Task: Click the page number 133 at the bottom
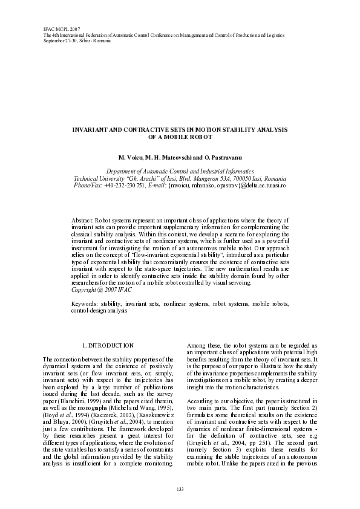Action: (x=180, y=488)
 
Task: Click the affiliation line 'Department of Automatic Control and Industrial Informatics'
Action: (x=180, y=172)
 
